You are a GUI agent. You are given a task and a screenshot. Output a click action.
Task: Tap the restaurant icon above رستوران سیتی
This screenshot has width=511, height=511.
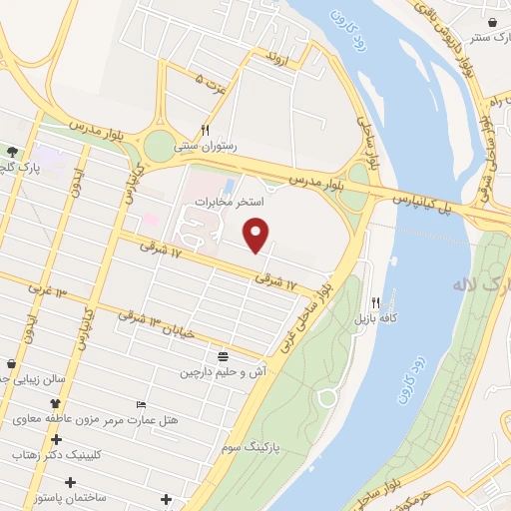click(205, 130)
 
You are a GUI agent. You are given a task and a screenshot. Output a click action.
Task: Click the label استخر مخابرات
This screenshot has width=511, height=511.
click(228, 202)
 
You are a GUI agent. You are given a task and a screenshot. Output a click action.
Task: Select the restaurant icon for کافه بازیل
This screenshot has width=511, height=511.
click(376, 302)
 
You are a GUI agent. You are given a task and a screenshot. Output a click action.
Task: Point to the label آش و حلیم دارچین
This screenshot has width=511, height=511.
click(222, 372)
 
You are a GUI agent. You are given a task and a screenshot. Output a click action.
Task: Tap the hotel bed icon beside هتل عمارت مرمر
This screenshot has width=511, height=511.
click(141, 404)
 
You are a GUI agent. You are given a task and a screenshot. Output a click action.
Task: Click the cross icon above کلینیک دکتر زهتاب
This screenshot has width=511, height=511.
click(57, 438)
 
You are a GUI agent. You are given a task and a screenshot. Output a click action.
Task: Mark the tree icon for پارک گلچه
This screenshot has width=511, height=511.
click(12, 151)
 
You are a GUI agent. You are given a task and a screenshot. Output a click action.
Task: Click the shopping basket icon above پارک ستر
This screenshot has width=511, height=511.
click(494, 22)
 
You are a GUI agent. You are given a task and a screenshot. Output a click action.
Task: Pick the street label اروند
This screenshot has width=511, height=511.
click(275, 58)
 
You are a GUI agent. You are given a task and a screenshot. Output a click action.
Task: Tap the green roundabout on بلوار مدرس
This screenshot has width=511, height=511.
click(159, 147)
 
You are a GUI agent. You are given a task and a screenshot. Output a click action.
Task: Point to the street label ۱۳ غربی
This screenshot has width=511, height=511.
click(46, 291)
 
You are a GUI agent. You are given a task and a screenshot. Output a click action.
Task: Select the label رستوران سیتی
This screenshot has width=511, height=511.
click(206, 146)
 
